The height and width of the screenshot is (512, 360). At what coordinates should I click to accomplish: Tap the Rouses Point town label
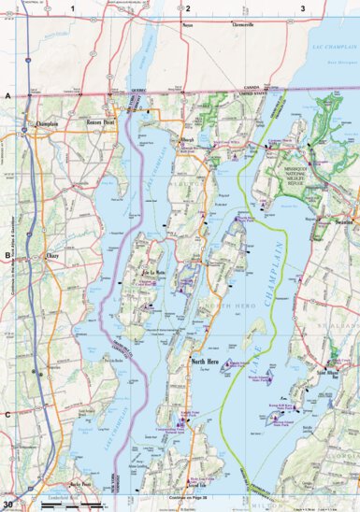point(100,122)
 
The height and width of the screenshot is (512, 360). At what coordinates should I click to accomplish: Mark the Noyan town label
point(187,25)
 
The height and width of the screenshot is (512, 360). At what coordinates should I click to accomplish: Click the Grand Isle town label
point(198,485)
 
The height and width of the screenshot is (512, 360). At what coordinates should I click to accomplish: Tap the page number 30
point(8,505)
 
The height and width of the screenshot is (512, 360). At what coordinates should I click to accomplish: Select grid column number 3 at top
point(302,7)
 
